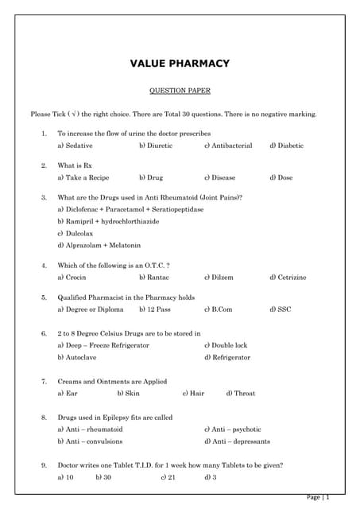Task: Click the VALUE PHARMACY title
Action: (180, 64)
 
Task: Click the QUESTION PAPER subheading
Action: (180, 91)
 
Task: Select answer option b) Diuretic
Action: (155, 146)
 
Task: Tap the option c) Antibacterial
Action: (227, 146)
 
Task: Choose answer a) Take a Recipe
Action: (83, 177)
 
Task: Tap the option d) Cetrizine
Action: (287, 277)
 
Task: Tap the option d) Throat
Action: (240, 393)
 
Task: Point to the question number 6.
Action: (45, 333)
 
